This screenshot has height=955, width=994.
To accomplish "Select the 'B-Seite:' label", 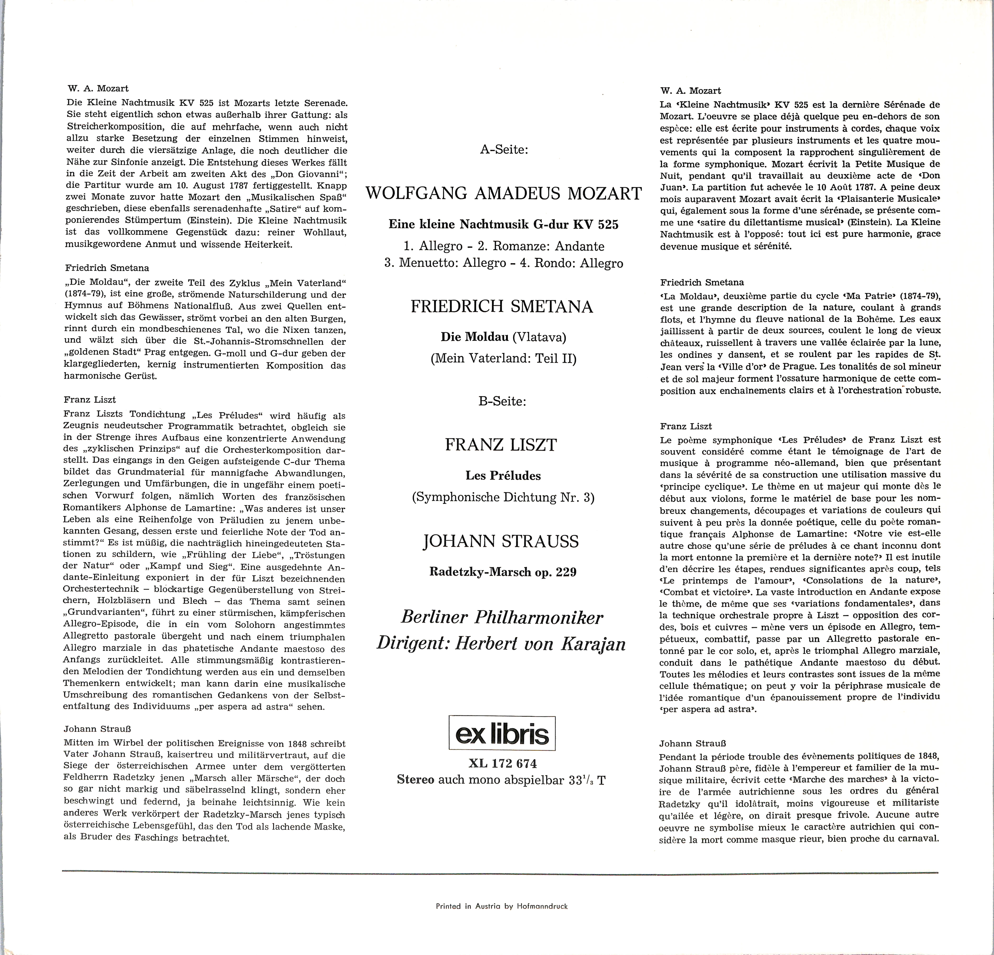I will pos(502,401).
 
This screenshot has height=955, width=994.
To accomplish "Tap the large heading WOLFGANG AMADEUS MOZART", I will pos(504,194).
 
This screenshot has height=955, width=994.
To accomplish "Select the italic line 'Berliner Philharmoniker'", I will pos(502,617).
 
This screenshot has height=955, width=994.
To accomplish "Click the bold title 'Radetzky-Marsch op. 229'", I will pos(503,572).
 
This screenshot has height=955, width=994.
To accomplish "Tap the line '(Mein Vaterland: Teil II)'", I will pos(503,359).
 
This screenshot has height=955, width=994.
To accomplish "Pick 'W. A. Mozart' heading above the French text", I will pos(690,91).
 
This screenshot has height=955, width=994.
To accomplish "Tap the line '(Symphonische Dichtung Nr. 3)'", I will pos(503,497).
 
